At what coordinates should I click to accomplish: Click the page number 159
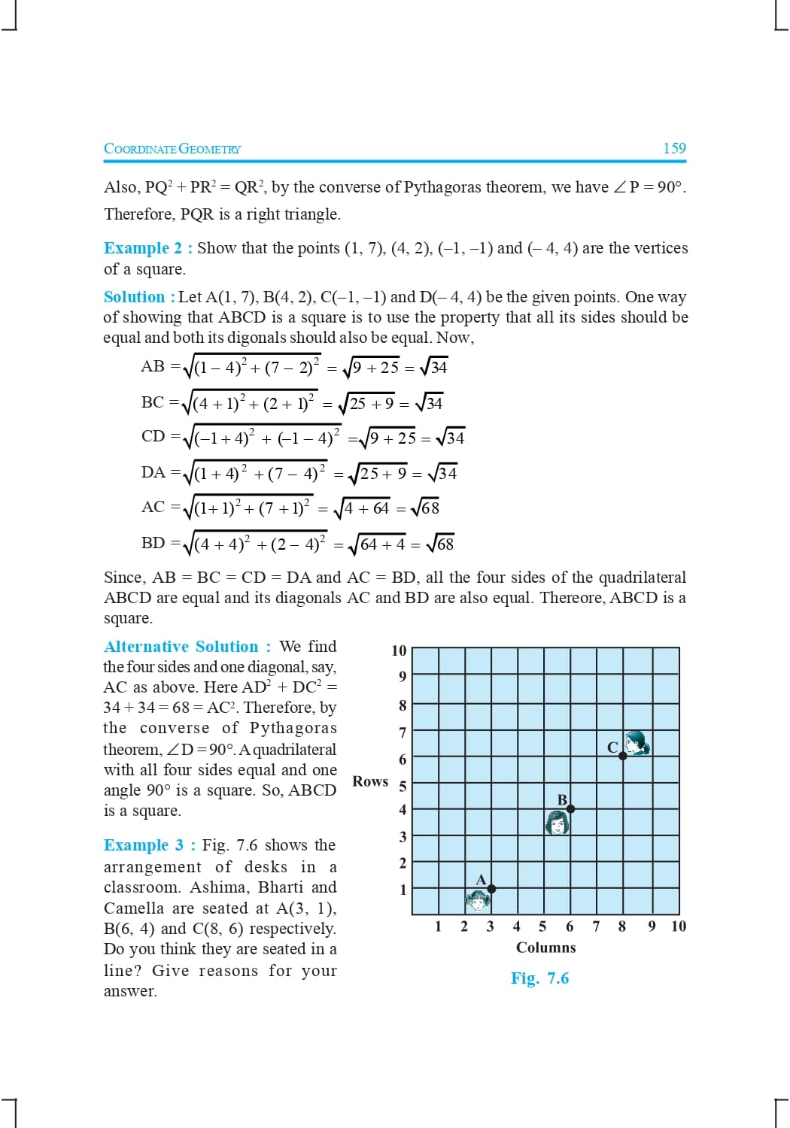674,148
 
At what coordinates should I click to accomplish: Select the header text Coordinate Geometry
172,149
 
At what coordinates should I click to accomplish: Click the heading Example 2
147,248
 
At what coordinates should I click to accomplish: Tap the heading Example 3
147,845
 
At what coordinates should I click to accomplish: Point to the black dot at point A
491,889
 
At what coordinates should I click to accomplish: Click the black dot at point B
570,808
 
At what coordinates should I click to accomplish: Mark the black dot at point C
622,756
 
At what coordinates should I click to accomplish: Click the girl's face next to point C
638,742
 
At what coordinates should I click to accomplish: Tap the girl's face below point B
557,823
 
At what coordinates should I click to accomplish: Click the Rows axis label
370,781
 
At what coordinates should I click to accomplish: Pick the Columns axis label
545,948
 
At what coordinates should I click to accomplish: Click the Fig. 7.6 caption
539,978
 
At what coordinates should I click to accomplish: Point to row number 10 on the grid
399,650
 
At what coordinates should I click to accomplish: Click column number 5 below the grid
542,926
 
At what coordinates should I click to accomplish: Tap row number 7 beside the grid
403,732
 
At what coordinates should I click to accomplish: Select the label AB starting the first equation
153,366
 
